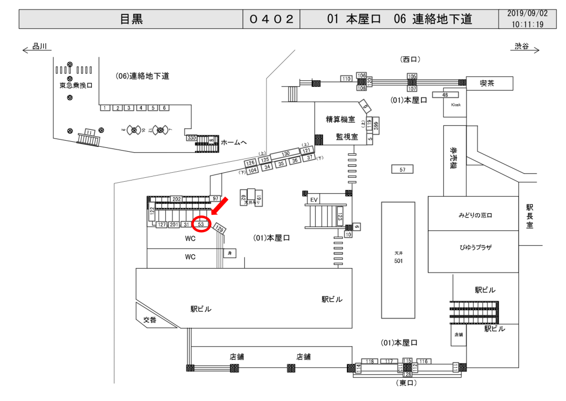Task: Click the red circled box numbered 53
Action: pyautogui.click(x=202, y=224)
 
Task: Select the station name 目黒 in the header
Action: pyautogui.click(x=132, y=19)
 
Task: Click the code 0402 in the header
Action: pyautogui.click(x=271, y=19)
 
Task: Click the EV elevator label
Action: pyautogui.click(x=314, y=199)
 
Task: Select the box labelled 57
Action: pyautogui.click(x=402, y=169)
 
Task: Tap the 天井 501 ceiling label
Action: pyautogui.click(x=397, y=257)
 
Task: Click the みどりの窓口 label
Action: pyautogui.click(x=475, y=215)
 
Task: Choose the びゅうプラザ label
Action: pyautogui.click(x=475, y=247)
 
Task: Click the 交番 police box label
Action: pyautogui.click(x=150, y=320)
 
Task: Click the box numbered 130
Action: pyautogui.click(x=285, y=153)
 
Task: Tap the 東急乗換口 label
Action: pyautogui.click(x=76, y=86)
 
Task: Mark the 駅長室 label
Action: pyautogui.click(x=530, y=216)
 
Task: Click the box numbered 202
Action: pyautogui.click(x=176, y=199)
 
